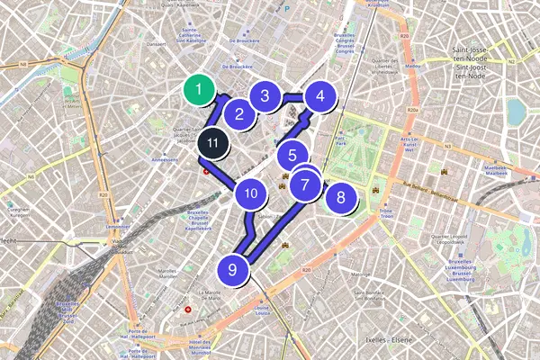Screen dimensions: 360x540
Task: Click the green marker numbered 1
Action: point(199,90)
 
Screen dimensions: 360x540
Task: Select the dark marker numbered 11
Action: point(211,142)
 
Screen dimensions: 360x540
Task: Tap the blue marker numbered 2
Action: point(239,113)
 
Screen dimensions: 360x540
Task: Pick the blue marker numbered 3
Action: point(265,94)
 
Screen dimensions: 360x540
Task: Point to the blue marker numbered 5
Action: point(292,155)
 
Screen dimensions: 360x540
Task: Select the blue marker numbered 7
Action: point(306,185)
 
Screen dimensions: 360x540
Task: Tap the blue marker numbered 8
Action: point(339,197)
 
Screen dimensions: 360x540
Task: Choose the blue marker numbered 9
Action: point(233,268)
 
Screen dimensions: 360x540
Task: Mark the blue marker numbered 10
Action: point(251,192)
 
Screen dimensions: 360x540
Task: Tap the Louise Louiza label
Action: point(263,311)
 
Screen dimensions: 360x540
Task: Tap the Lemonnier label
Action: point(118,226)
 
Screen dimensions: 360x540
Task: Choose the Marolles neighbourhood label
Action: point(168,268)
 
